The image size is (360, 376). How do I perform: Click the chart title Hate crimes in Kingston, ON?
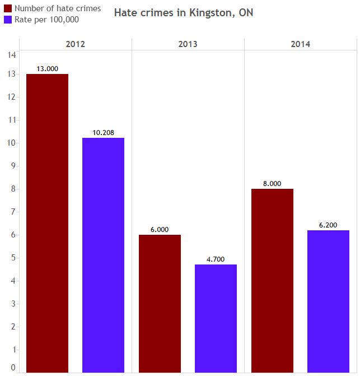coord(183,12)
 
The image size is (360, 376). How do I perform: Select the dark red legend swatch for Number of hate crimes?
coord(8,8)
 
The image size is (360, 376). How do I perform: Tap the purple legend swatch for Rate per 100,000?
coord(8,20)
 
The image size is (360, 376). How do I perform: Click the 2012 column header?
coord(75,44)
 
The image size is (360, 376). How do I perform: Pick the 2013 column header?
coord(188,44)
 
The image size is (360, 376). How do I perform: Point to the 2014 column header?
coord(300,44)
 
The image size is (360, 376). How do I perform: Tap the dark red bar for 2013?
coord(160,303)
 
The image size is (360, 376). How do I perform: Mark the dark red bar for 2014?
coord(272,280)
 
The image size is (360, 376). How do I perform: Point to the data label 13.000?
coord(47,68)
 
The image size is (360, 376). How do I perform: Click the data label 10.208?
coord(103,132)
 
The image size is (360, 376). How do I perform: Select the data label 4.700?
coord(216,259)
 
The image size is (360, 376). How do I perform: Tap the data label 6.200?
coord(328,225)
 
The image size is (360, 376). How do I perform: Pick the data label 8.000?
coord(272,183)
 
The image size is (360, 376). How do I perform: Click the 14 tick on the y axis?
coord(12,54)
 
